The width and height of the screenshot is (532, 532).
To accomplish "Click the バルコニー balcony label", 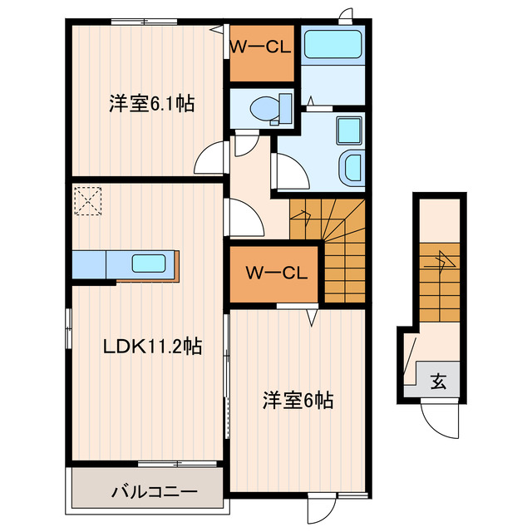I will click(x=155, y=491).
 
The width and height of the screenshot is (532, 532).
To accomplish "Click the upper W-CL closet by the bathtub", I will click(x=261, y=48).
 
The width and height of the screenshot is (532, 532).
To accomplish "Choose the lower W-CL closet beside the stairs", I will click(x=275, y=273).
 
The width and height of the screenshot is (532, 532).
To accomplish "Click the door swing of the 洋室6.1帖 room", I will click(x=211, y=155).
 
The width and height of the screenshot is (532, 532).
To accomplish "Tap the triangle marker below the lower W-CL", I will click(x=313, y=317).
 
